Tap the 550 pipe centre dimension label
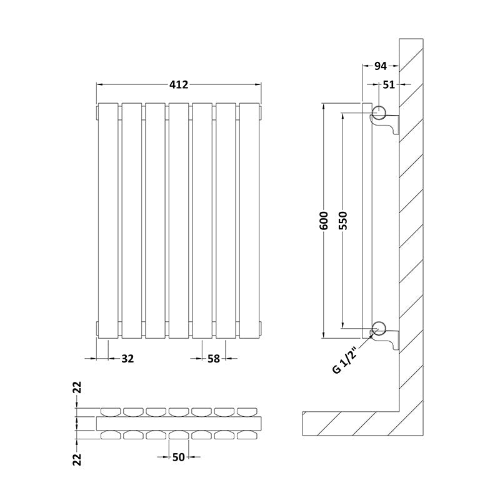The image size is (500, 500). (x=342, y=221)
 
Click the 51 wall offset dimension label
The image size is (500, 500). (x=389, y=84)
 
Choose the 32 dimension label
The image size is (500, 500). (x=127, y=359)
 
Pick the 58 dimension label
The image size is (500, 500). (x=214, y=359)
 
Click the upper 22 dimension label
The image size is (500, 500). (x=77, y=388)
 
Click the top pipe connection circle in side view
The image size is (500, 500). (x=379, y=113)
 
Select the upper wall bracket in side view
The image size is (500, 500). (x=390, y=124)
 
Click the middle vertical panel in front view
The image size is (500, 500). (x=179, y=220)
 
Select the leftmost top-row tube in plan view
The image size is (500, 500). (x=110, y=411)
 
